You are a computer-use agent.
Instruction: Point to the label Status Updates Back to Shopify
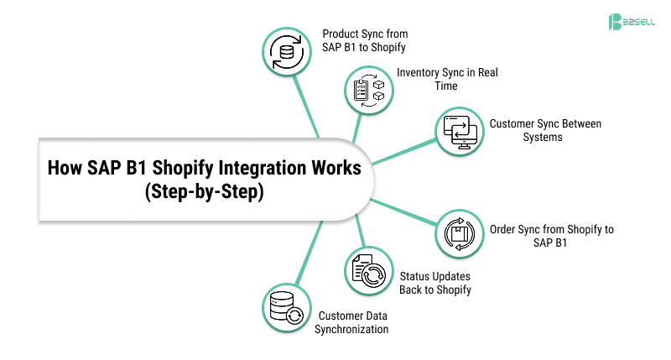click(434, 283)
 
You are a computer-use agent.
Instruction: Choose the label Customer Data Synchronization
click(351, 322)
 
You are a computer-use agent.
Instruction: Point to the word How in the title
click(65, 168)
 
